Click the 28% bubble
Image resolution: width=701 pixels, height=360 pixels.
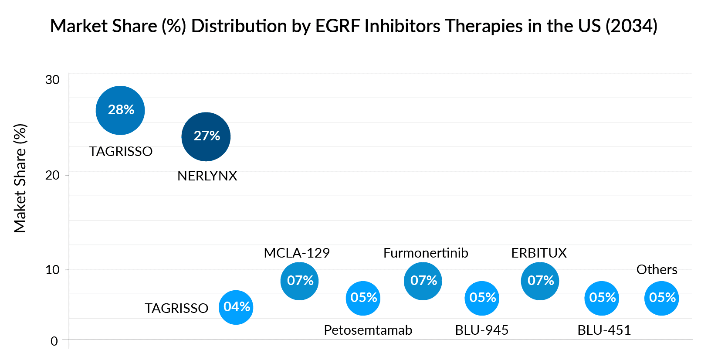(x=120, y=110)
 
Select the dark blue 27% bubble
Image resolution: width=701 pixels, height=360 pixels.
(x=206, y=136)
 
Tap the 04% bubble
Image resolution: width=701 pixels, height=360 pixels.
(x=236, y=307)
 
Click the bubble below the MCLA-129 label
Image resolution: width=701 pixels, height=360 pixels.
(x=299, y=281)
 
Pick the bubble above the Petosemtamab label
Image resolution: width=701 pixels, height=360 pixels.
(x=363, y=298)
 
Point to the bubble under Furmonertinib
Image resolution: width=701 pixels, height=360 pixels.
(x=423, y=281)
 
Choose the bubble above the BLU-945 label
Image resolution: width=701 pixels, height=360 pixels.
(x=482, y=298)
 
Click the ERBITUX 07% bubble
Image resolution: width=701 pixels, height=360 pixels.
(x=540, y=281)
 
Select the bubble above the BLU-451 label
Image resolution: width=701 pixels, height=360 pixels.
(x=602, y=298)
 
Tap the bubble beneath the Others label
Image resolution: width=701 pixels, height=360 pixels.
(x=661, y=298)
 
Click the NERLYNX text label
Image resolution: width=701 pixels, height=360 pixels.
(x=207, y=176)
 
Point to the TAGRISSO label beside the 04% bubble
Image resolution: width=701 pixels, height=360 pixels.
(x=176, y=308)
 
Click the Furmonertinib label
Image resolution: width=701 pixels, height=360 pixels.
(x=426, y=253)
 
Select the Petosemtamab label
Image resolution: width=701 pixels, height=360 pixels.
(x=368, y=330)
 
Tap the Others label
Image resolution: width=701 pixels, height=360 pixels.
(x=657, y=269)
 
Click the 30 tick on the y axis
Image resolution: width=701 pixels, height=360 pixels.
(x=53, y=80)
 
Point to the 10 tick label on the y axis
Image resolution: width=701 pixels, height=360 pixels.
(x=53, y=270)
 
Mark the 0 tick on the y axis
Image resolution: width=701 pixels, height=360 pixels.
(x=54, y=341)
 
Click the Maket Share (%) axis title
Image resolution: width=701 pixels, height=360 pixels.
(x=20, y=179)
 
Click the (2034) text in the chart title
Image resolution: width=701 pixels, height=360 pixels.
(x=631, y=26)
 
